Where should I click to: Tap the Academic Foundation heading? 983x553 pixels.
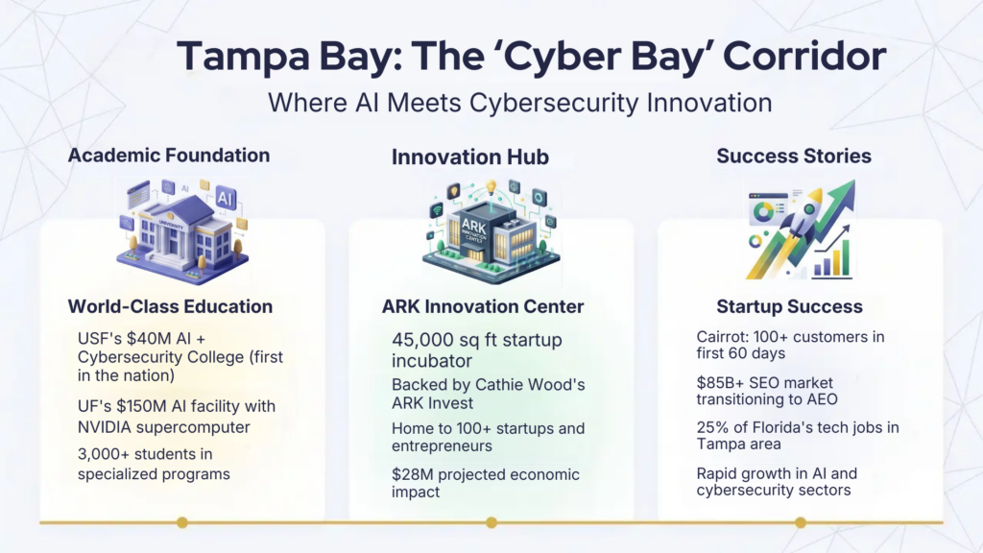click(169, 156)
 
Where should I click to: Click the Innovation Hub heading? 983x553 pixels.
click(470, 157)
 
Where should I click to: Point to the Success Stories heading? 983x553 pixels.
click(794, 156)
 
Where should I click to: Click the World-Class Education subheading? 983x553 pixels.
click(170, 307)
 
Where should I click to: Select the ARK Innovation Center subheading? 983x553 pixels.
click(483, 307)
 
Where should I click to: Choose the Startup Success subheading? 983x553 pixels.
click(789, 307)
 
